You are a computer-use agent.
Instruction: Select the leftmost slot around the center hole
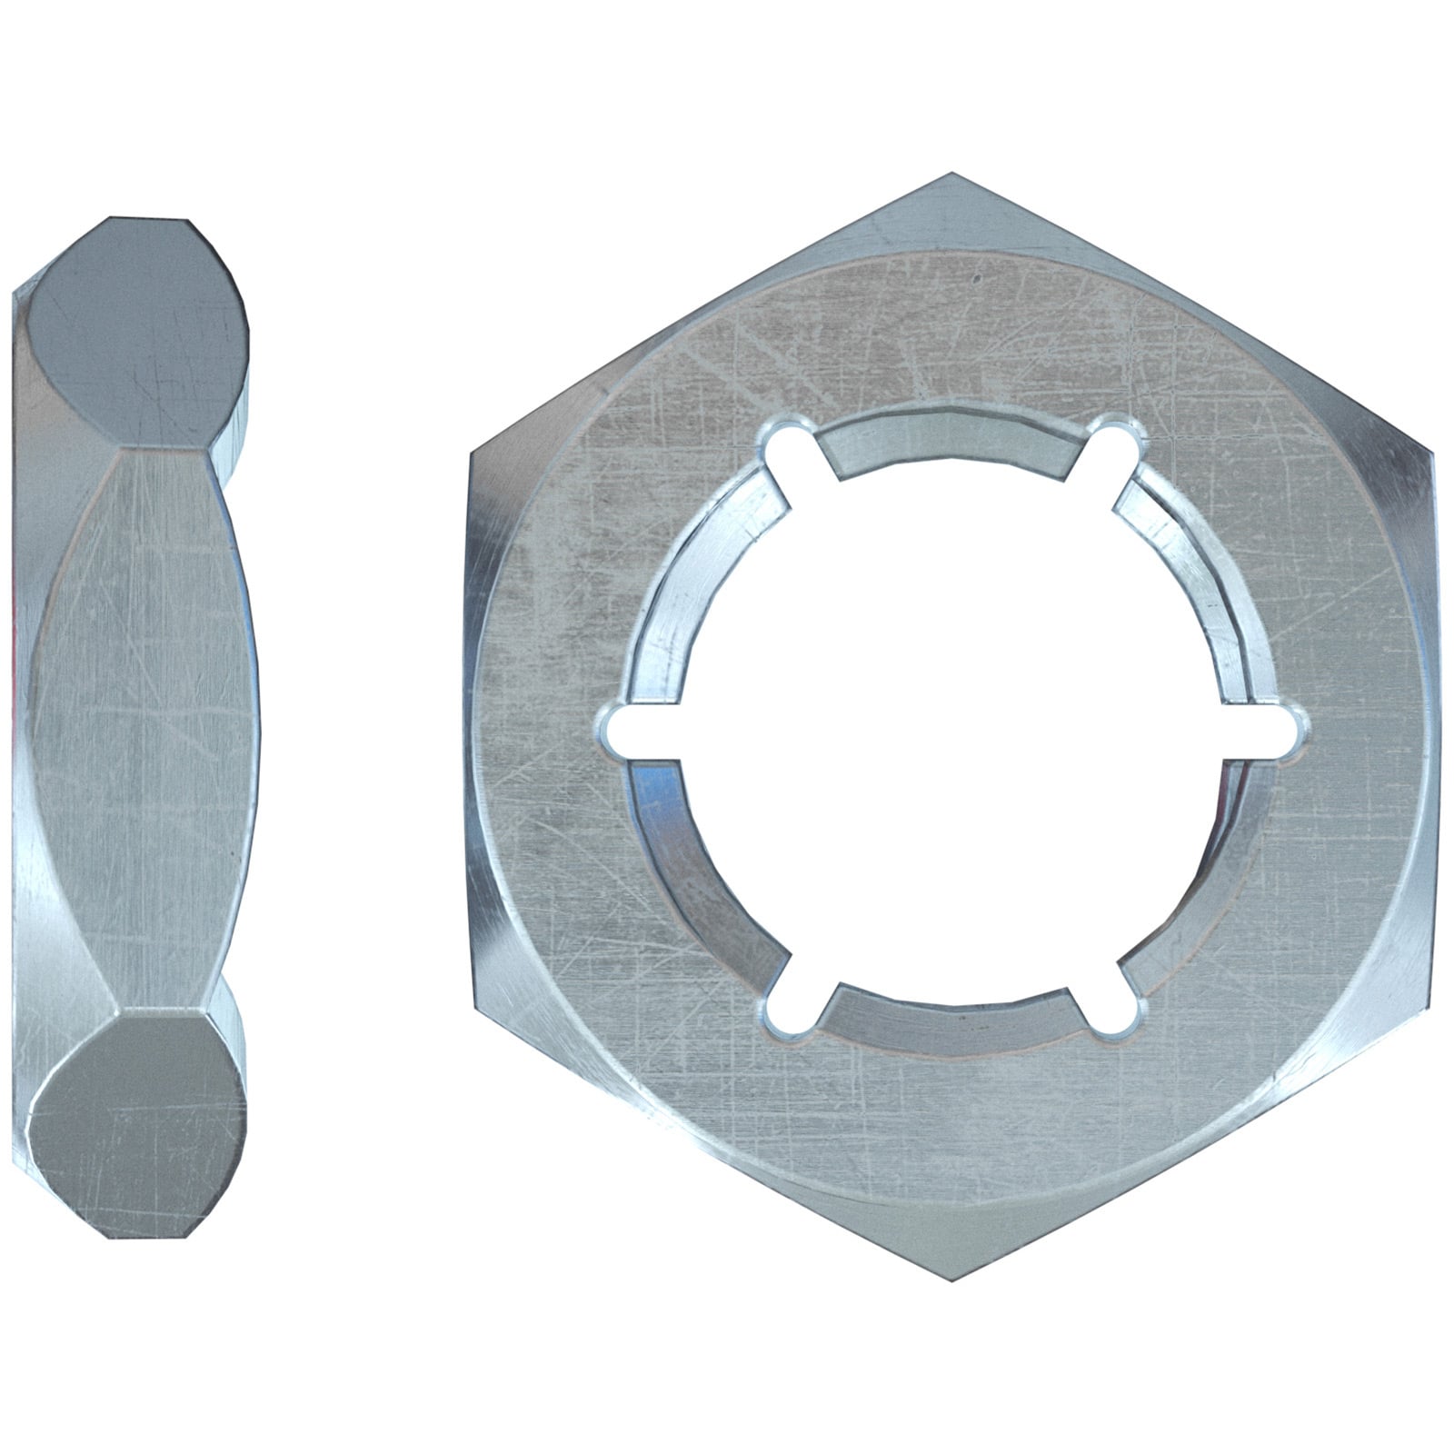[627, 730]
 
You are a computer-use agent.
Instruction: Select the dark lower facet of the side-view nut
[136, 1127]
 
